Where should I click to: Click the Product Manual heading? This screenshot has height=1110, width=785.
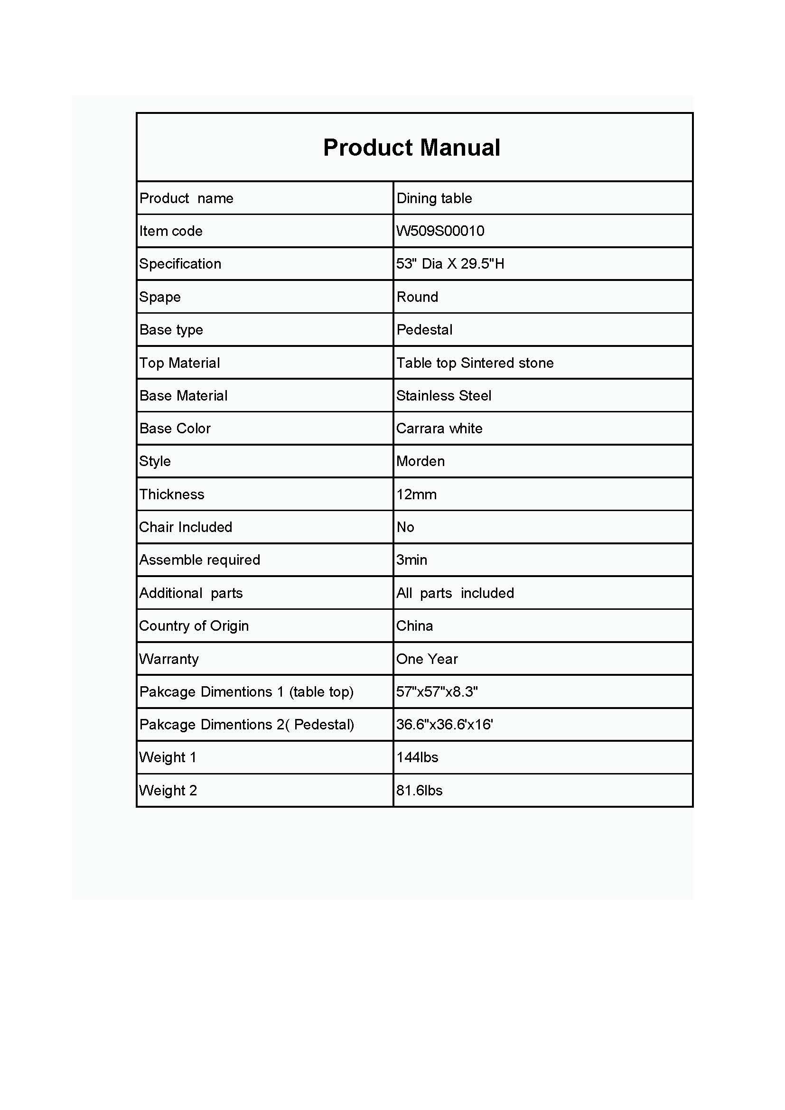pos(411,148)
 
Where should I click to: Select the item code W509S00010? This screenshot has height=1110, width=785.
pos(440,231)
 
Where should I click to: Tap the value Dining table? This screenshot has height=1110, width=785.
pos(434,198)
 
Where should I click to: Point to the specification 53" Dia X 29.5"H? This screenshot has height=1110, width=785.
pos(450,264)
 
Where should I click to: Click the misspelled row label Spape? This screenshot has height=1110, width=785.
pos(159,297)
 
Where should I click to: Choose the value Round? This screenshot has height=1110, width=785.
pos(417,297)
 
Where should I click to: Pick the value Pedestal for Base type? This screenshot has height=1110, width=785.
pos(424,330)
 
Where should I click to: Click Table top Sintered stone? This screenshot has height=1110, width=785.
pos(475,363)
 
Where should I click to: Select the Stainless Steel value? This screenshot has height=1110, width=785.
pos(443,396)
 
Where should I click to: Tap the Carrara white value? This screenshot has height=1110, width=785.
pos(439,429)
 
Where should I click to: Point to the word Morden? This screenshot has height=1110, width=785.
pos(420,461)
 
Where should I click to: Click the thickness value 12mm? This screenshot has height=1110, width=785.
pos(416,494)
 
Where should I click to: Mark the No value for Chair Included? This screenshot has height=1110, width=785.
pos(405,527)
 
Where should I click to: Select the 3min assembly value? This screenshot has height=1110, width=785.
pos(411,560)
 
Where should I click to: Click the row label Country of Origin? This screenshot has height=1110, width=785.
pos(194,626)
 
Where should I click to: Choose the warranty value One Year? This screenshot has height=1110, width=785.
pos(427,659)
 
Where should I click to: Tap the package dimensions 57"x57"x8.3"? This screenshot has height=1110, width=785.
pos(437,692)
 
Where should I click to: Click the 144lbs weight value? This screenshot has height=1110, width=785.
pos(417,757)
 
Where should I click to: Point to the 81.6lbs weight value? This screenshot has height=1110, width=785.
pos(419,791)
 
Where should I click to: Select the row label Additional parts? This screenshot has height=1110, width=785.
pos(191,593)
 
